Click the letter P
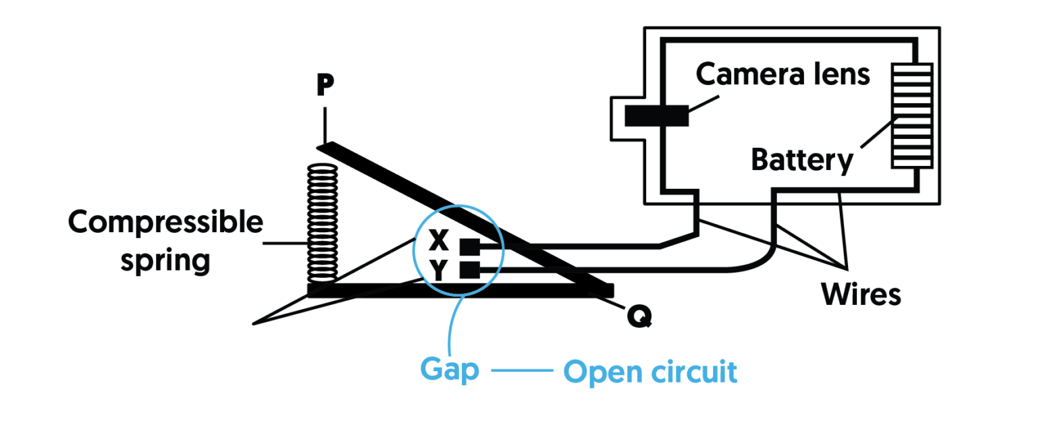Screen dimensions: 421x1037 coord(325,86)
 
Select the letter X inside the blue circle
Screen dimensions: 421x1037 coord(438,238)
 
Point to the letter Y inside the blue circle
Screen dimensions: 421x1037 coord(438,271)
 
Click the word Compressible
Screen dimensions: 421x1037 coord(165,223)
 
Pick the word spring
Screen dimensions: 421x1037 coord(165,260)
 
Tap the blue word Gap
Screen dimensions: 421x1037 coord(450,370)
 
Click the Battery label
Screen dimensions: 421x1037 coord(802,161)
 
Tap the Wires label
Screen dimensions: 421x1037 coord(861,295)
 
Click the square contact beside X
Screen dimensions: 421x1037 coord(469,247)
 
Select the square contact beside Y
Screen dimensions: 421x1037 coord(469,271)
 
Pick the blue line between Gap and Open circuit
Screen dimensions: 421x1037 coord(521,370)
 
